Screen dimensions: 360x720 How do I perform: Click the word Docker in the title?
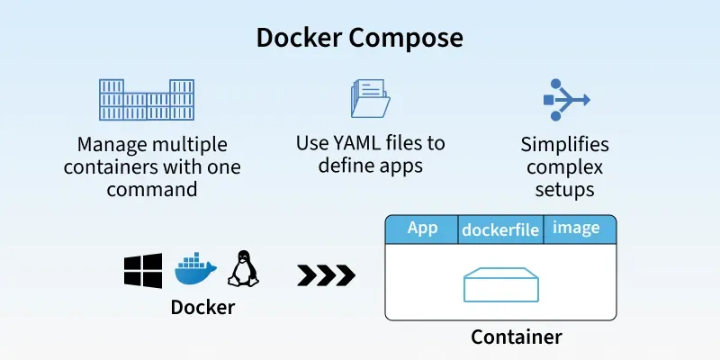(x=298, y=38)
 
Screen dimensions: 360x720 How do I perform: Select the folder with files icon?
(x=370, y=98)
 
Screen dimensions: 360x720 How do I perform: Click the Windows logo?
(x=143, y=270)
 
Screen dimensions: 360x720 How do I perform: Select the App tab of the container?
(x=422, y=229)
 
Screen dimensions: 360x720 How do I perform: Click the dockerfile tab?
(x=500, y=230)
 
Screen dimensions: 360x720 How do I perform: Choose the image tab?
(x=576, y=229)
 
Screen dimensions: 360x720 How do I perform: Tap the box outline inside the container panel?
(x=501, y=287)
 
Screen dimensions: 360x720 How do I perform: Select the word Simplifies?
(x=565, y=145)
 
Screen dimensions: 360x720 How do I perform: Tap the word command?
(x=151, y=189)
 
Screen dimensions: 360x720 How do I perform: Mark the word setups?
(x=565, y=190)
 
